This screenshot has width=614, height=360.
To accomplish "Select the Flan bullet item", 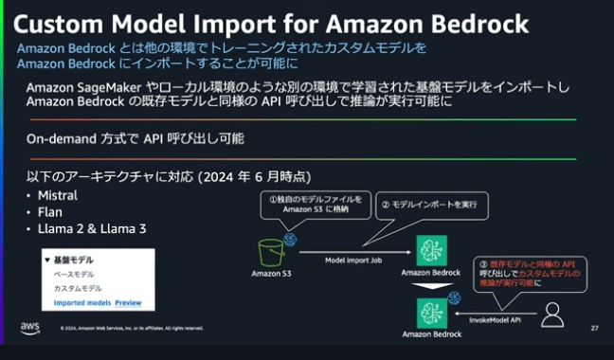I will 48,213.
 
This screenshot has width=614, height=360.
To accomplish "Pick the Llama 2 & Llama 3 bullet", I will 86,229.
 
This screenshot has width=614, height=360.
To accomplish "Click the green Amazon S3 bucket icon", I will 272,251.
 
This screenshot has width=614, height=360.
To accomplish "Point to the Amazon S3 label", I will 271,275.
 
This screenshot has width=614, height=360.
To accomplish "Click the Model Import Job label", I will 353,259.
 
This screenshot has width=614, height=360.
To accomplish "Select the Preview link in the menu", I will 128,304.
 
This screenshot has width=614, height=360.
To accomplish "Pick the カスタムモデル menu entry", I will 77,288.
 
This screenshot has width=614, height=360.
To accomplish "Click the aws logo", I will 29,328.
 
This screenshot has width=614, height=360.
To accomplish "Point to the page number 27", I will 593,328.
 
